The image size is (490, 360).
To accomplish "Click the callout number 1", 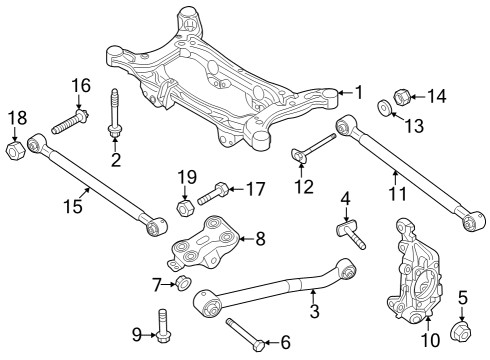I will pos(358,93).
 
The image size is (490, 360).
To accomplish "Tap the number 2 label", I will pos(116,160).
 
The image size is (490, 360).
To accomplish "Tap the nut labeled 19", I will pos(185,207).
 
